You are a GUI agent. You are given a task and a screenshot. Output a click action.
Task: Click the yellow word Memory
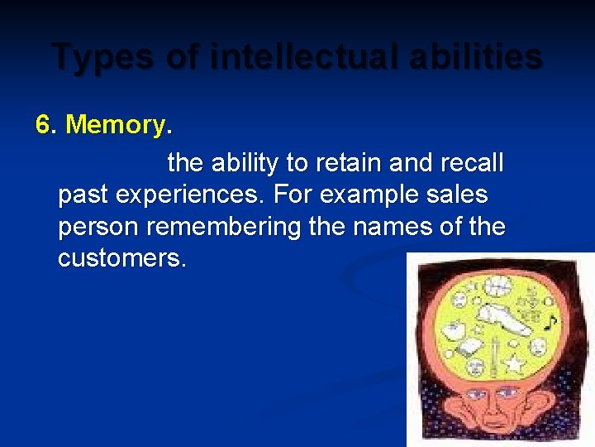click(x=115, y=125)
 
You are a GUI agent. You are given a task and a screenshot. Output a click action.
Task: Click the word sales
click(x=461, y=195)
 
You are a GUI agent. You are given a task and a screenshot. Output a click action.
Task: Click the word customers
click(x=121, y=258)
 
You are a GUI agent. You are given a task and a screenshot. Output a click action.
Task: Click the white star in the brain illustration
click(x=513, y=363)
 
